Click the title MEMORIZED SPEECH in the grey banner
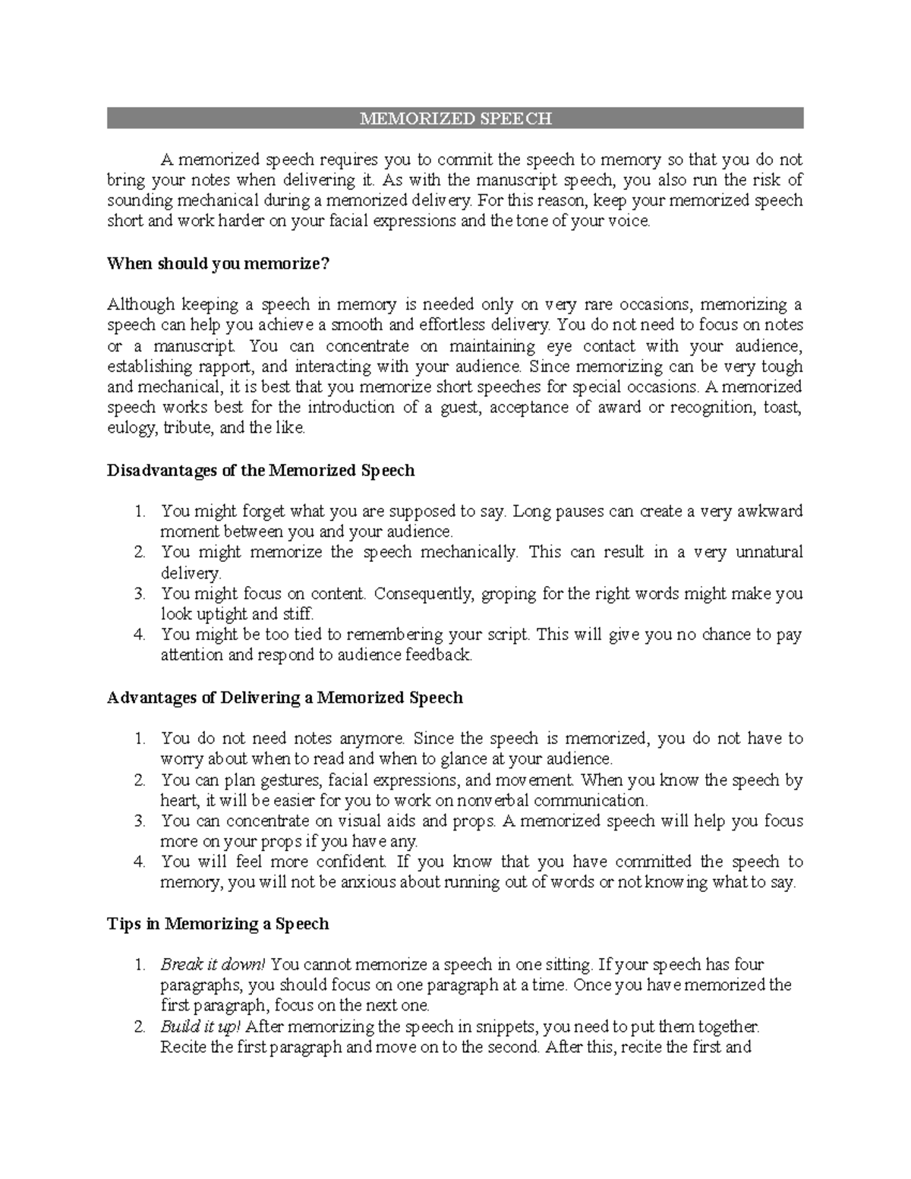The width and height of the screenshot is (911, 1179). tap(455, 118)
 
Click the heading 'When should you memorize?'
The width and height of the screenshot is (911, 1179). tap(219, 263)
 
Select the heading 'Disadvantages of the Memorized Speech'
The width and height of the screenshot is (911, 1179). tap(260, 470)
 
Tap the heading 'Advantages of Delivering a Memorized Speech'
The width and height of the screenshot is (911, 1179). tap(285, 697)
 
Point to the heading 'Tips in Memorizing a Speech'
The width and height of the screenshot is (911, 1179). tap(218, 923)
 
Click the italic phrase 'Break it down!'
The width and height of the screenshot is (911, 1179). tap(213, 964)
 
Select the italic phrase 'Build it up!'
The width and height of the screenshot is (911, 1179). tap(201, 1026)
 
